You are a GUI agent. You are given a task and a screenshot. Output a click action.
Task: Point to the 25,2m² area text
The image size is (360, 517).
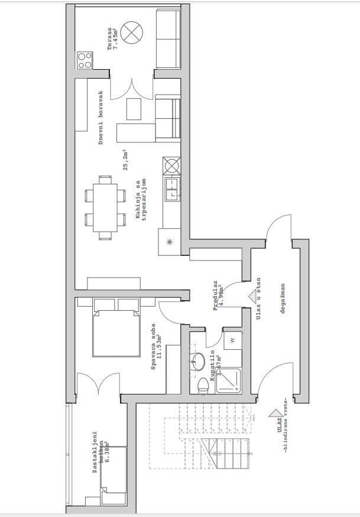125,160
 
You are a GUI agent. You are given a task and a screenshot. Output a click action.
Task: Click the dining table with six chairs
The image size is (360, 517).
105,207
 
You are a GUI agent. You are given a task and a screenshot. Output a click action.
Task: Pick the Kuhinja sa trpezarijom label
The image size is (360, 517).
141,200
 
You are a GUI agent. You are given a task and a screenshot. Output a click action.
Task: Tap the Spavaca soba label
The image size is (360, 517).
156,347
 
